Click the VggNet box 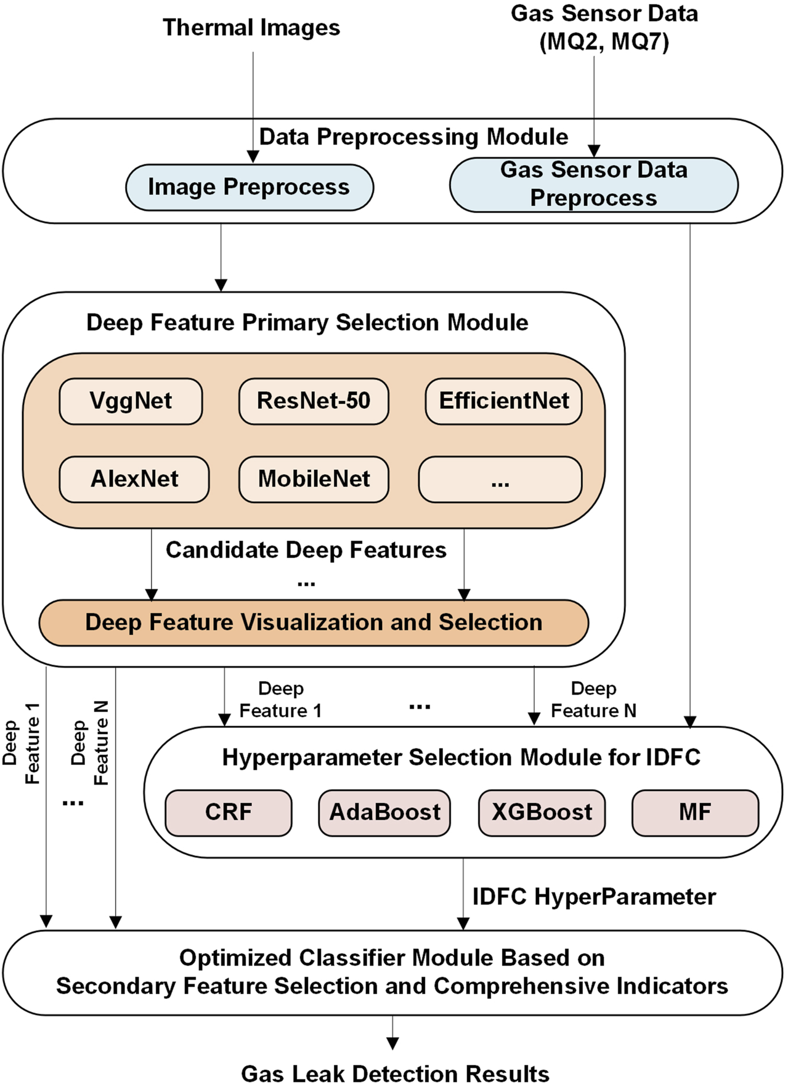pos(131,401)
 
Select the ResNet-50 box pos(314,401)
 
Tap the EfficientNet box pos(503,401)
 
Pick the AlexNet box pos(134,479)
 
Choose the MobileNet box pos(314,479)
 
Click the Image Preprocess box pos(249,187)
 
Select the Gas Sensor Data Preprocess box pos(593,184)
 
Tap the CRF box pos(228,812)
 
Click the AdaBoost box pos(384,812)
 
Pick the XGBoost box pos(542,812)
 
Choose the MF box pos(695,812)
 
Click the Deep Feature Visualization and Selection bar pos(314,623)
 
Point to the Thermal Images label pos(251,28)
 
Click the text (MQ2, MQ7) pos(604,42)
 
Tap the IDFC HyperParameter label pos(593,897)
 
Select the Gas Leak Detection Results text pos(394,1073)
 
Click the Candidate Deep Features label pos(306,550)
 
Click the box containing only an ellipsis pos(500,479)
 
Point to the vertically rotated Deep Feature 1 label pos(21,743)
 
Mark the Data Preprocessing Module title pos(413,137)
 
